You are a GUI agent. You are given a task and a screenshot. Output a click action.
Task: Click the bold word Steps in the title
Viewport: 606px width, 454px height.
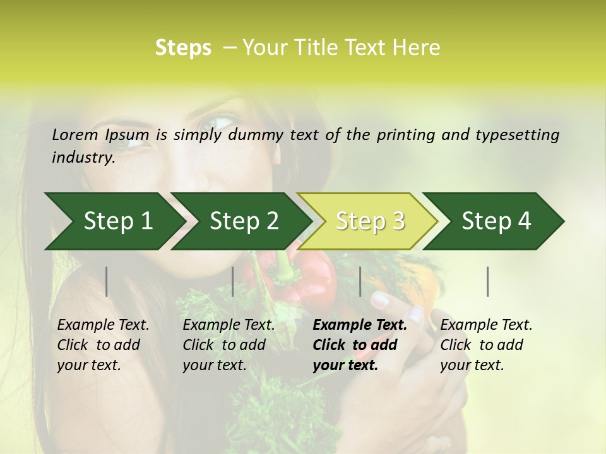coord(183,48)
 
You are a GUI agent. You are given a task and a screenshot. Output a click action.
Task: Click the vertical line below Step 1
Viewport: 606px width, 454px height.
coord(107,281)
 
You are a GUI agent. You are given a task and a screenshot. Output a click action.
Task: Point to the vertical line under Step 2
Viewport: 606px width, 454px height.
coord(233,281)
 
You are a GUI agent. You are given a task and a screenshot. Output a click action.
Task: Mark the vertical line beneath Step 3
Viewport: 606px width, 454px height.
coord(360,281)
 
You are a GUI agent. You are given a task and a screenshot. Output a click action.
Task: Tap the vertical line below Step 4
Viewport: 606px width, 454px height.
coord(488,281)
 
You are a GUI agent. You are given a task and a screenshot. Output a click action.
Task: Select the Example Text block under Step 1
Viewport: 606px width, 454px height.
coord(103,345)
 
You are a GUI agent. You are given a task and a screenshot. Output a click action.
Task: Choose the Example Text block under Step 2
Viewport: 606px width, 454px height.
coord(229,345)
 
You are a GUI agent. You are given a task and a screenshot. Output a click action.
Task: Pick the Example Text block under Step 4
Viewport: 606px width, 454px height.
coord(486,345)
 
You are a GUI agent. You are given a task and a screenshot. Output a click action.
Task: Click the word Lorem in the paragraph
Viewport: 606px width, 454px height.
coord(74,135)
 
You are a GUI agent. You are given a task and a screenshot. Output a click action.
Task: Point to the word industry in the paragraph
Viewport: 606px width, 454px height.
coord(83,158)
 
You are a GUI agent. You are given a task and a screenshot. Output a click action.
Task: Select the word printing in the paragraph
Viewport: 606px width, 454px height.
coord(406,135)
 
